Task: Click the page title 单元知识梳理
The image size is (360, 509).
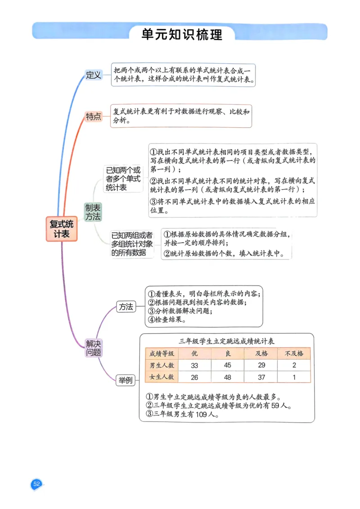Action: [182, 34]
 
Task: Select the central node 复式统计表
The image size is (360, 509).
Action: [62, 229]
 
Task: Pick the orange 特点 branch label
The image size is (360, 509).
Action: [94, 116]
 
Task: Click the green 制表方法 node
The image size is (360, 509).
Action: [93, 212]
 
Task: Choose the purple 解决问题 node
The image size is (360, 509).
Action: [94, 348]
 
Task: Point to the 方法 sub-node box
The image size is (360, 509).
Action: [126, 307]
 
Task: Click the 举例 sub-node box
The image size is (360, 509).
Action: [126, 380]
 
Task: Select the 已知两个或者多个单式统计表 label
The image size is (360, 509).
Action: [123, 179]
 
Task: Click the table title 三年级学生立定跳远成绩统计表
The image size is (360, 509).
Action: [227, 341]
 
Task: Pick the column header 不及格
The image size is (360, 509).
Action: [294, 353]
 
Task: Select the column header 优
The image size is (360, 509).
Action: [194, 353]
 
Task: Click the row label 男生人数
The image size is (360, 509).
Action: [162, 365]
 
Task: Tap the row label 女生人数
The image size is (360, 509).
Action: [162, 377]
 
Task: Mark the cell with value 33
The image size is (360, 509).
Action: [194, 366]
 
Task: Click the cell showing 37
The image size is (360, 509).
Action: [261, 377]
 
